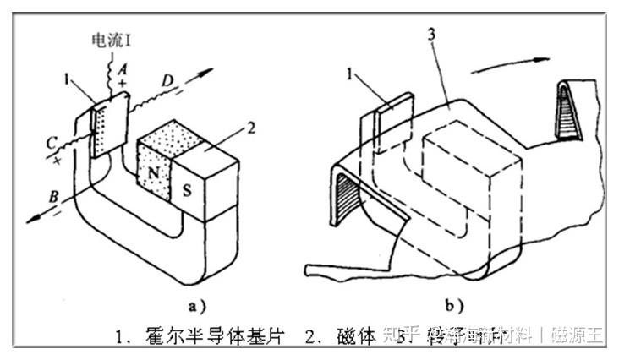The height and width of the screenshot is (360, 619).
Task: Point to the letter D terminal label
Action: point(167,81)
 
